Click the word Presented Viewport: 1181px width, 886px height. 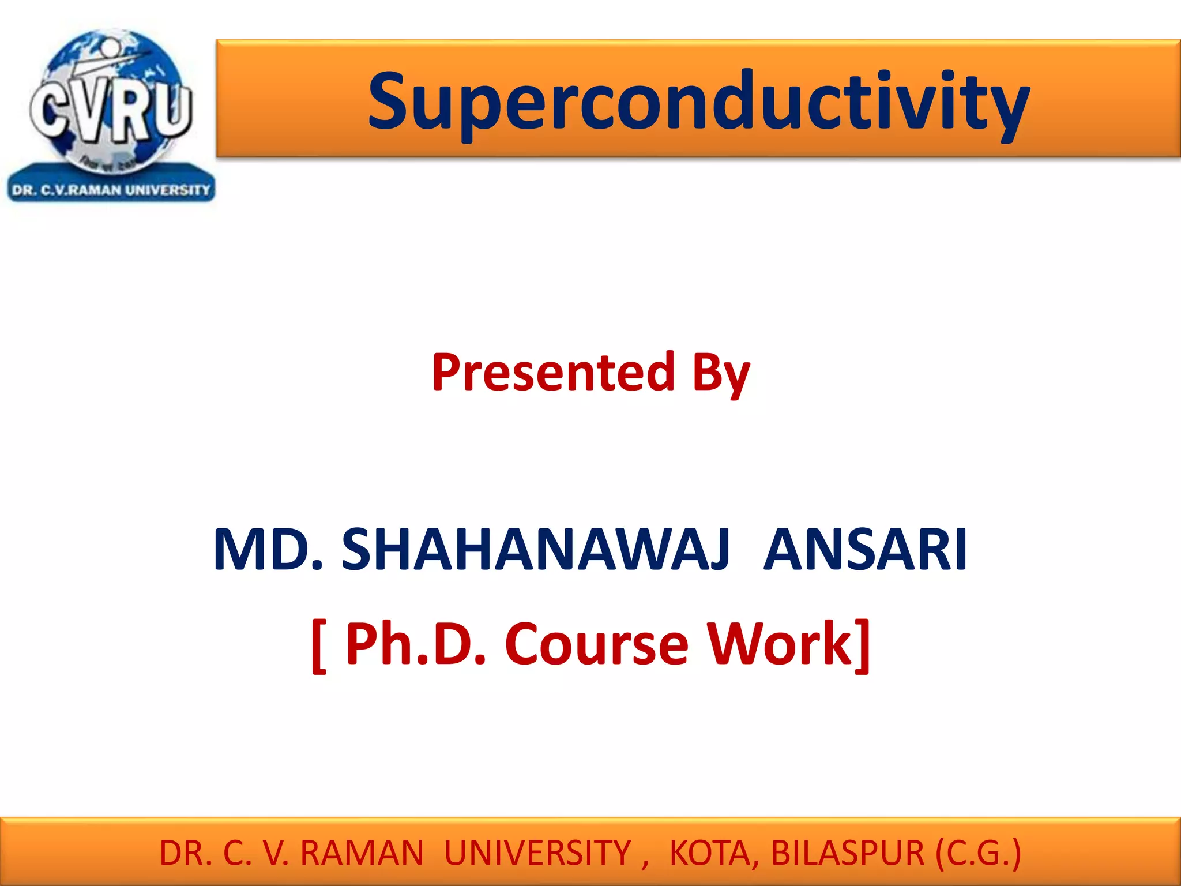pyautogui.click(x=552, y=373)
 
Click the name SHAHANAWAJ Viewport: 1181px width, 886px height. pyautogui.click(x=536, y=550)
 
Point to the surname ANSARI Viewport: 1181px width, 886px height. pyautogui.click(x=865, y=550)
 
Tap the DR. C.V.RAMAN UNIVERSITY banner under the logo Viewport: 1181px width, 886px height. pyautogui.click(x=111, y=190)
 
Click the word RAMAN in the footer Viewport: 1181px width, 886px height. pyautogui.click(x=362, y=853)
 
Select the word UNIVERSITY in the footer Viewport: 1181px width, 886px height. pyautogui.click(x=537, y=853)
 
